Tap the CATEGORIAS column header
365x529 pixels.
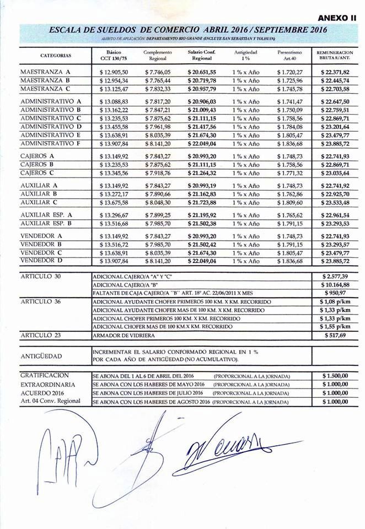(55, 56)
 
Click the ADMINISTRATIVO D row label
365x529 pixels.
(51, 126)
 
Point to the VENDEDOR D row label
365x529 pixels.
(41, 260)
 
